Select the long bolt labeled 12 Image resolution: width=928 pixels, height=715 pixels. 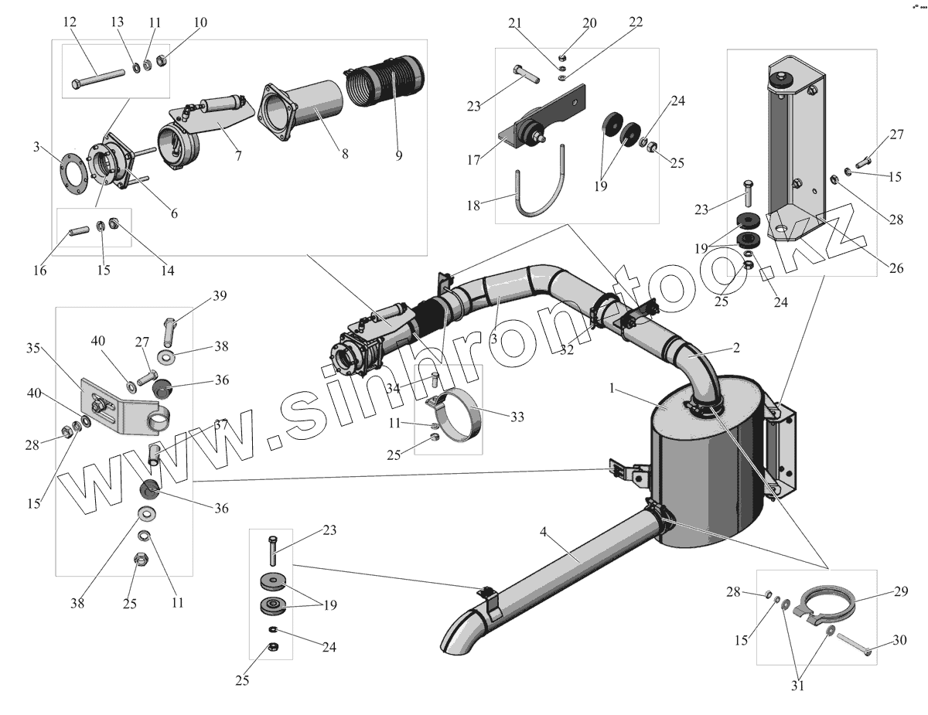point(99,79)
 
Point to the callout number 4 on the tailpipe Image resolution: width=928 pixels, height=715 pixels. point(544,532)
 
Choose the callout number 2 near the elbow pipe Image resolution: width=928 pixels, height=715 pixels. point(736,349)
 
